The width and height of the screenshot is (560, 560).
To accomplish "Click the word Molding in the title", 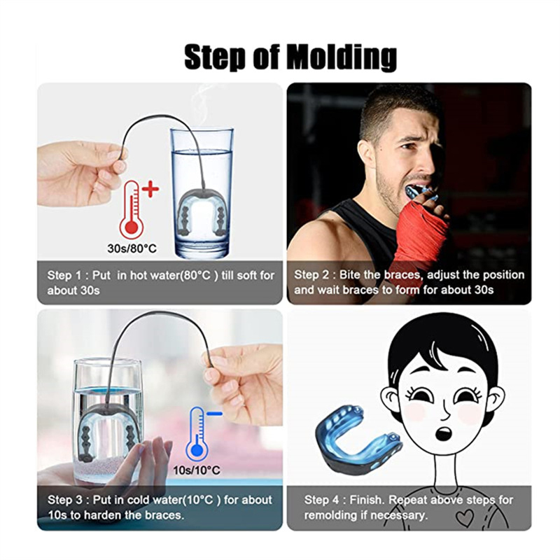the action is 342,57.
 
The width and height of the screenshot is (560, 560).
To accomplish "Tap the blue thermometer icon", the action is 197,434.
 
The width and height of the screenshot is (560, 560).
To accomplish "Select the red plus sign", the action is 150,189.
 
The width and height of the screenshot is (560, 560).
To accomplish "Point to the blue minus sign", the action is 215,414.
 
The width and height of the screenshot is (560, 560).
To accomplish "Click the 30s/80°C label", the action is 132,248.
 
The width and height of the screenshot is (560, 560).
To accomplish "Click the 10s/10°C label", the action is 197,470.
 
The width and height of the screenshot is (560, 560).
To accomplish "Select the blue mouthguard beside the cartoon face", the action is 358,435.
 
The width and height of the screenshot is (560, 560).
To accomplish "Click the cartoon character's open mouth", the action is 444,433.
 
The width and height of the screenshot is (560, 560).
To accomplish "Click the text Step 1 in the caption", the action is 64,275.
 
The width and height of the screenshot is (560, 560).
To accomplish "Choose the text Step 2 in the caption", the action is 311,274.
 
